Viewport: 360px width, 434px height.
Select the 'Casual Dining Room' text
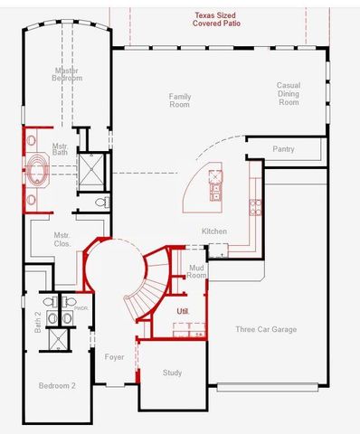(x=288, y=94)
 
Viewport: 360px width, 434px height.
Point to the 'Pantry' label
(x=283, y=148)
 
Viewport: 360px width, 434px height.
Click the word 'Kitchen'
(x=214, y=231)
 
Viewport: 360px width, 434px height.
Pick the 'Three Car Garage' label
(x=266, y=330)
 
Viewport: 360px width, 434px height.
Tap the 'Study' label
(x=172, y=373)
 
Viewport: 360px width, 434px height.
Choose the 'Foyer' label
(x=114, y=357)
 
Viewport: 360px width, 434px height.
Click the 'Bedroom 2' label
(x=57, y=386)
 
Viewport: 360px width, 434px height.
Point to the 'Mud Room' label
(x=197, y=271)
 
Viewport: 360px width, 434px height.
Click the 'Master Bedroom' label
(x=67, y=74)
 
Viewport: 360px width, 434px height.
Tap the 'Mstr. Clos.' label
(x=62, y=240)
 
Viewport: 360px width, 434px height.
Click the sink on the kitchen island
(x=214, y=191)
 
